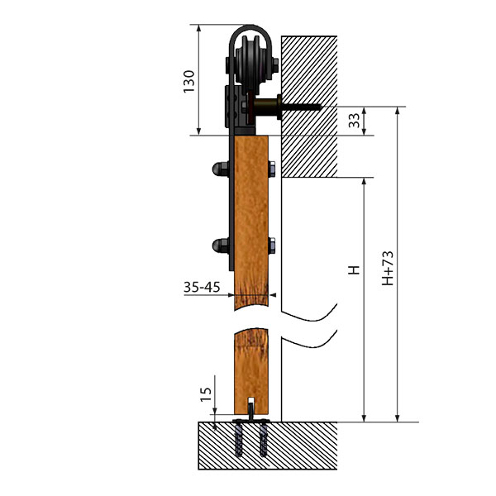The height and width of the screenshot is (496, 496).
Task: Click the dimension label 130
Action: (188, 81)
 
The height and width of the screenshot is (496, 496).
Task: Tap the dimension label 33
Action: (355, 121)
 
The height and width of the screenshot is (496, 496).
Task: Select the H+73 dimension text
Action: (388, 268)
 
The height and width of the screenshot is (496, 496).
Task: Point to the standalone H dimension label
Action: (354, 269)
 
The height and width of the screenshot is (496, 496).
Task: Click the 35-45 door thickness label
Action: (202, 287)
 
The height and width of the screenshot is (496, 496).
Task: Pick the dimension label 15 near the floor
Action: (206, 394)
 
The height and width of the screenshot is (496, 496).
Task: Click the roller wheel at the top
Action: (252, 64)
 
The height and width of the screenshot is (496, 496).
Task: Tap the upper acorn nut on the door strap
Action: (221, 169)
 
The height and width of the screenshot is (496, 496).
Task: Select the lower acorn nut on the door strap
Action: (221, 246)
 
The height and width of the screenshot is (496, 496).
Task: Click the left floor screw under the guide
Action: (239, 440)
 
